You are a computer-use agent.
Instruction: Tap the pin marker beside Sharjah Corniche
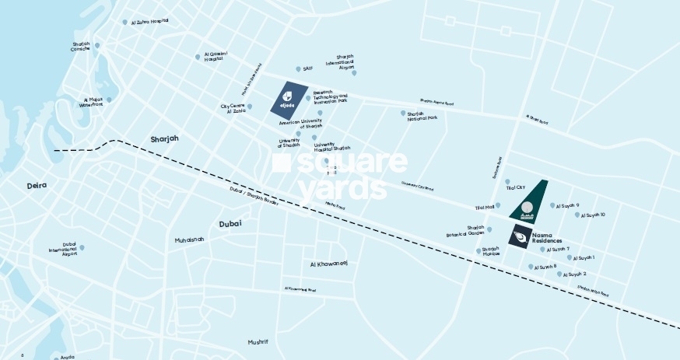(x=97, y=45)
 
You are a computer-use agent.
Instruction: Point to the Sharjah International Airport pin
(x=354, y=73)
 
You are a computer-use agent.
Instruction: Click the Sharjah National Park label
(x=422, y=117)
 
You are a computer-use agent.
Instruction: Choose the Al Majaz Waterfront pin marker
(x=109, y=100)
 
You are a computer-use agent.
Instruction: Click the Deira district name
(x=37, y=186)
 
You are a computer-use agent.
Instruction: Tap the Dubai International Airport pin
(x=82, y=247)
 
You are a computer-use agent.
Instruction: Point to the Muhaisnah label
(x=189, y=239)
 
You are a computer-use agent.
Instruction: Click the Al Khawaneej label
(x=328, y=264)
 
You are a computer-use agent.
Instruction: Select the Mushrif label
(x=258, y=341)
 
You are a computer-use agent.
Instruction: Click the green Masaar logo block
(x=528, y=201)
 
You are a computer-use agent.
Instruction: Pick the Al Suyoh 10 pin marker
(x=577, y=215)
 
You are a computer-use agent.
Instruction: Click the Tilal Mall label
(x=485, y=208)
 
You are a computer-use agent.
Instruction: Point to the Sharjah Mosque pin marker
(x=478, y=250)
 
